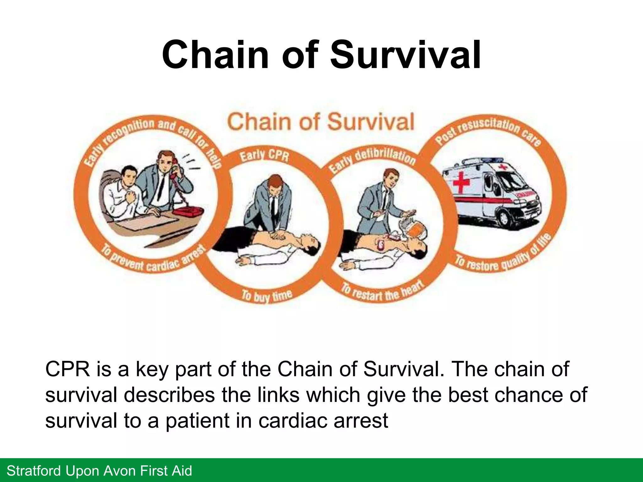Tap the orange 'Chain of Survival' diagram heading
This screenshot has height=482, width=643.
click(x=321, y=122)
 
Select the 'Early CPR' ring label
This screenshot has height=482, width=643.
click(x=264, y=155)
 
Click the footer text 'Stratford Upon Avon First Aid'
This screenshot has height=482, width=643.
click(x=99, y=471)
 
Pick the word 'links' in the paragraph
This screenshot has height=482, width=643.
click(x=278, y=395)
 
